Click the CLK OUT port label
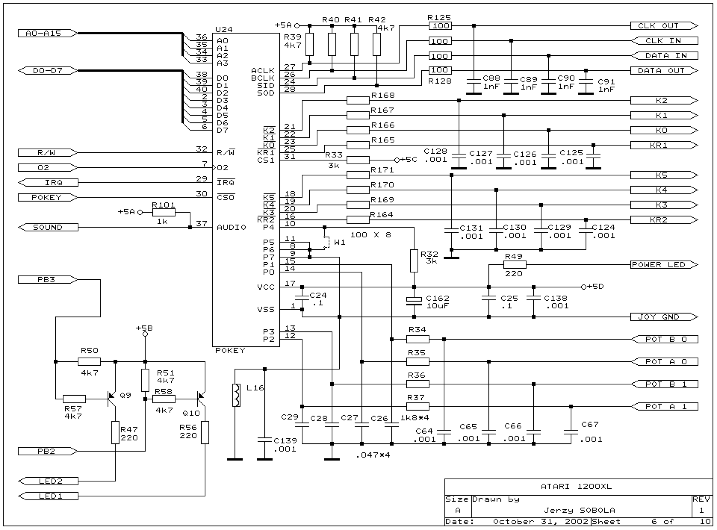click(664, 26)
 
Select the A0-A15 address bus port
click(48, 33)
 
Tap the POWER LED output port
click(664, 265)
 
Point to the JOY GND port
click(664, 317)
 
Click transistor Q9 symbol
click(112, 399)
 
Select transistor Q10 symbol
click(201, 399)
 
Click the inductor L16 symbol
click(236, 395)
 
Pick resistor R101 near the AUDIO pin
click(164, 212)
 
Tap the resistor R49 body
click(514, 265)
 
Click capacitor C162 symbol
click(414, 302)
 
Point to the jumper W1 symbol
click(327, 242)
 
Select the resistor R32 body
click(414, 261)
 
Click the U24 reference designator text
click(224, 30)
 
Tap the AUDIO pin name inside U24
click(232, 228)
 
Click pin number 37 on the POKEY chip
click(202, 223)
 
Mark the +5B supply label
click(144, 328)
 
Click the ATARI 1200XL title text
click(576, 486)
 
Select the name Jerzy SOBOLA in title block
click(579, 510)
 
